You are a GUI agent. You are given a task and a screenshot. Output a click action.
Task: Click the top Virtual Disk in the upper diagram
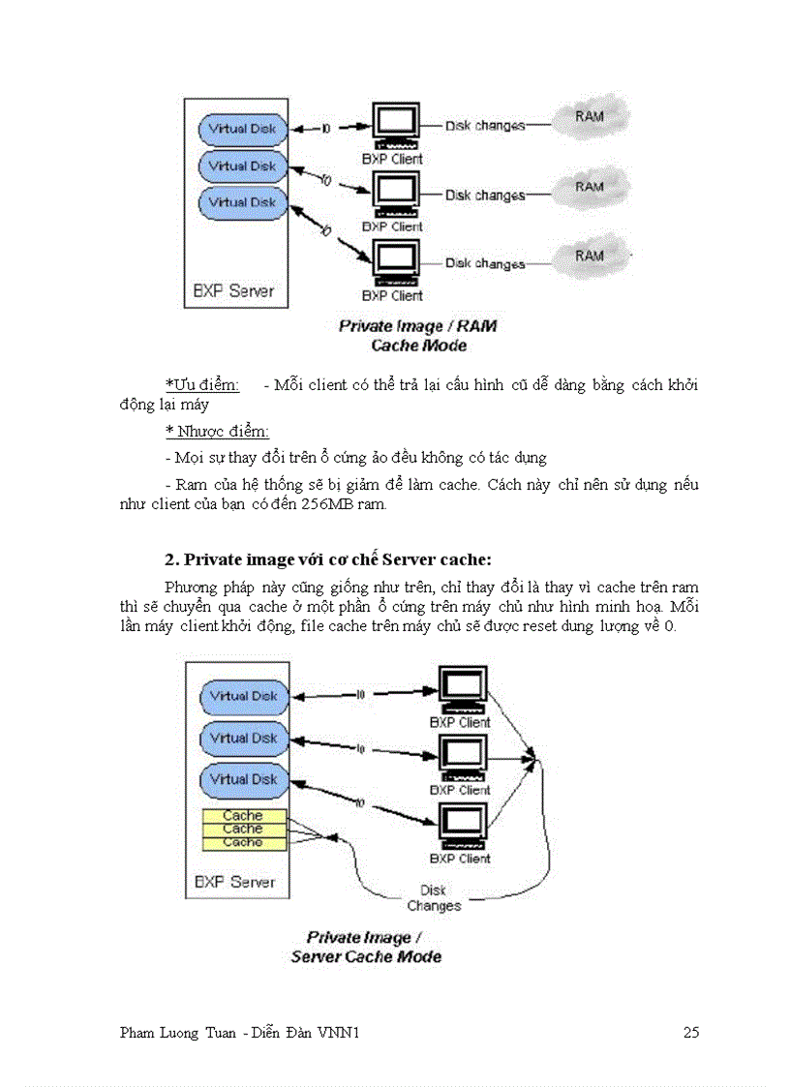tap(242, 129)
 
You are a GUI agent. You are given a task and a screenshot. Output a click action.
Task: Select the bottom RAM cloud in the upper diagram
tap(590, 257)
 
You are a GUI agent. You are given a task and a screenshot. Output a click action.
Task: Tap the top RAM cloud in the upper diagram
tap(590, 117)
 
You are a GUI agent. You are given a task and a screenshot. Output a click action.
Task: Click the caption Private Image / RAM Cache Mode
tap(418, 336)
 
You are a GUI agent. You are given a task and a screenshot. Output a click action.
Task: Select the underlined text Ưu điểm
tap(202, 385)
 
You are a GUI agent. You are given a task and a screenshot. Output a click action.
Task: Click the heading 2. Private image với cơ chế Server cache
tap(328, 559)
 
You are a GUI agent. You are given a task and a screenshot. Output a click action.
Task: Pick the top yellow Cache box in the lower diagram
tap(244, 816)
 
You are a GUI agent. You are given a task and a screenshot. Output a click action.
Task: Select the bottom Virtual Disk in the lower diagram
tap(243, 779)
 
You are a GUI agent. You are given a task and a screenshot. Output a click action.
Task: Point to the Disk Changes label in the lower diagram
tap(434, 898)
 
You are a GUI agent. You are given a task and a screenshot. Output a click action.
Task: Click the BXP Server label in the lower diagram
tap(235, 882)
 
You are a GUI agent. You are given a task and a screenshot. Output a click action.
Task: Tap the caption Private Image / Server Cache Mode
tap(366, 947)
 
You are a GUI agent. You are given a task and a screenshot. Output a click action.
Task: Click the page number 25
tap(690, 1033)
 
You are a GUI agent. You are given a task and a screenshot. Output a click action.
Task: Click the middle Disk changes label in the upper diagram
tap(485, 196)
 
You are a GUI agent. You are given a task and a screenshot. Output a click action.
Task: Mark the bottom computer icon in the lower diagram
tap(462, 826)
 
